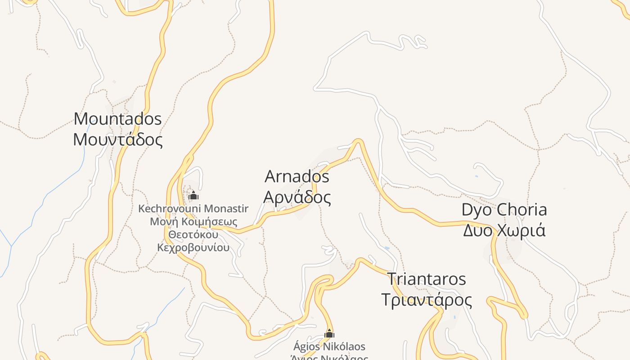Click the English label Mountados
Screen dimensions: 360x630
coord(117,119)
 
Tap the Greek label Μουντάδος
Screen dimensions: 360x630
coord(117,139)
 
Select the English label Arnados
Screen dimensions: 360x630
coord(297,176)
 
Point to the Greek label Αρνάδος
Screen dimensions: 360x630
coord(297,197)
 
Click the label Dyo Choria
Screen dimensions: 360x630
coord(504,210)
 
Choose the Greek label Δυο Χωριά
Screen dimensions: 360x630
coord(504,230)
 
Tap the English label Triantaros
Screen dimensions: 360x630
coord(426,279)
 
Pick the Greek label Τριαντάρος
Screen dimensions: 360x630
coord(426,300)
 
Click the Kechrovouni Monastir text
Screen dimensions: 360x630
coord(193,209)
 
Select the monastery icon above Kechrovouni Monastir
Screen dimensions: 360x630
coord(193,195)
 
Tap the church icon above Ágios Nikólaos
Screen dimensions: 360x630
coord(329,333)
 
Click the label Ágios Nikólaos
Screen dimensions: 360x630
coord(329,346)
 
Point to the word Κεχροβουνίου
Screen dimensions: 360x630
coord(193,247)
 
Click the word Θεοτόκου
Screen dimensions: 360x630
coord(193,235)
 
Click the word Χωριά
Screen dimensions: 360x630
coord(522,230)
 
